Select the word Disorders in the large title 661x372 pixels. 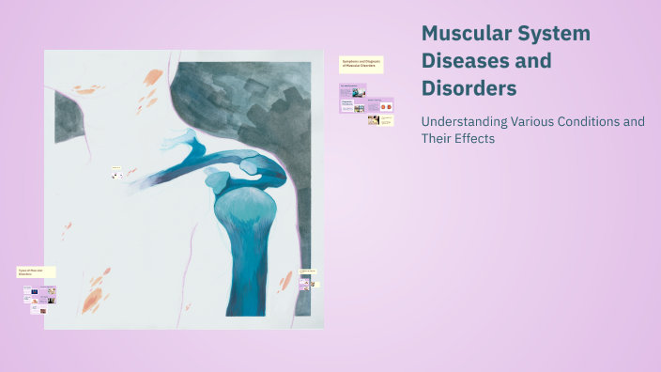(469, 89)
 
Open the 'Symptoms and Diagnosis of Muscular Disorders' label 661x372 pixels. (361, 65)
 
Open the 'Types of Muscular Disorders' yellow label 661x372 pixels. (37, 271)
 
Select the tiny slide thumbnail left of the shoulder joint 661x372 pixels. (117, 174)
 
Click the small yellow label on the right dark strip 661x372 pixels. (307, 271)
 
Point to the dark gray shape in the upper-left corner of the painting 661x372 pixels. (70, 117)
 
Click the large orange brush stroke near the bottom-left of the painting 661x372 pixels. (92, 300)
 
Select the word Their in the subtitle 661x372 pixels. (437, 139)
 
